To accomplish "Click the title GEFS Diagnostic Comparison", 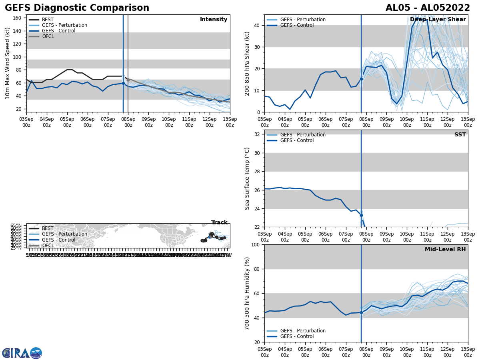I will point(77,8).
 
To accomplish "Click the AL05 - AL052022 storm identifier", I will point(428,8).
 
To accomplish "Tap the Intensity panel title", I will point(213,20).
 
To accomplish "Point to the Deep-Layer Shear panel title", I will point(438,20).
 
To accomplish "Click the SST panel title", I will point(460,135).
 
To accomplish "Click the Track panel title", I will point(219,223).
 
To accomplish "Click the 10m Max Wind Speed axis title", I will point(8,63).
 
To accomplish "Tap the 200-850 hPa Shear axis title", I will point(247,63).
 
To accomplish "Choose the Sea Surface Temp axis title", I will point(247,178).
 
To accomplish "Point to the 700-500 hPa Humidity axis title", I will point(247,293).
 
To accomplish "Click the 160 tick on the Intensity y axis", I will point(18,18).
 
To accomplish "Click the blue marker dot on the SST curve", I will point(361,215).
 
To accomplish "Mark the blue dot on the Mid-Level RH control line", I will point(361,312).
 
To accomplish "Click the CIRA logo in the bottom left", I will point(22,353).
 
